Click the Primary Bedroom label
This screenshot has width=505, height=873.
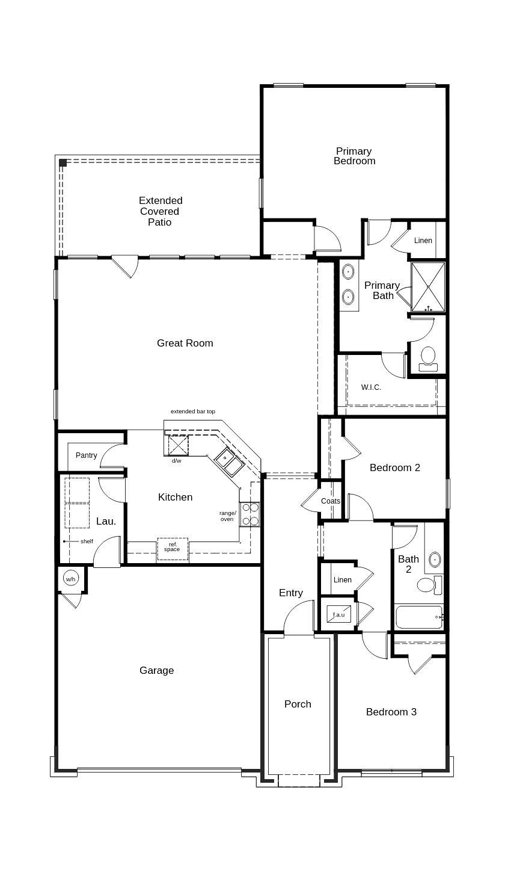354,156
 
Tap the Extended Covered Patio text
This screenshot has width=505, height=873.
161,211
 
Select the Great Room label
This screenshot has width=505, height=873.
185,343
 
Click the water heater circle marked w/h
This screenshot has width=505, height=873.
71,579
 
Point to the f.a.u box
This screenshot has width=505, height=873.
339,614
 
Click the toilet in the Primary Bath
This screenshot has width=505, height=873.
428,358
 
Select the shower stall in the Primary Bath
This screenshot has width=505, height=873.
428,287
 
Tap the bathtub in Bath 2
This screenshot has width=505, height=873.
419,617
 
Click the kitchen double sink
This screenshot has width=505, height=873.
228,461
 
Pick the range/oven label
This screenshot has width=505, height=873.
227,516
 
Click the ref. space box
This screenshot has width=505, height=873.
172,548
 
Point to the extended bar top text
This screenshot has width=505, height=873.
192,412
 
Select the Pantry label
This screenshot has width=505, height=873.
86,455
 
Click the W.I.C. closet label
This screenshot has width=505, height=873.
371,387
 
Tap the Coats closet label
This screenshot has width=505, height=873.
330,501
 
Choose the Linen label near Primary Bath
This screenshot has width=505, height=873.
423,241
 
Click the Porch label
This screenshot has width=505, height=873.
298,704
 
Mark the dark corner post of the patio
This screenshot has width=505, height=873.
63,162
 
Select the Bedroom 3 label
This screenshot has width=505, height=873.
391,712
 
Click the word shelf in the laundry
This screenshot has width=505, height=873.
87,541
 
